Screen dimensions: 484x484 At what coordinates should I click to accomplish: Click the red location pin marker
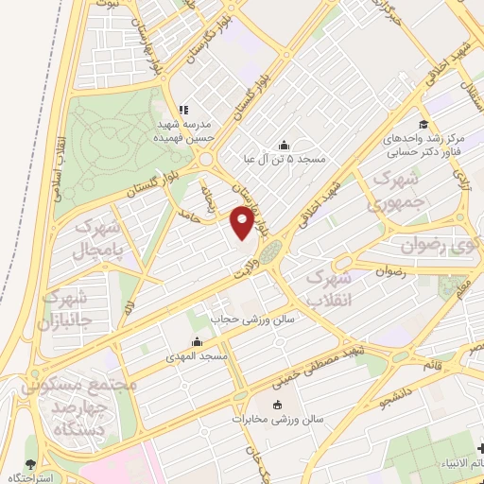(243, 223)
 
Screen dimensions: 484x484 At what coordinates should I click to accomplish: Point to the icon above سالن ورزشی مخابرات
(278, 406)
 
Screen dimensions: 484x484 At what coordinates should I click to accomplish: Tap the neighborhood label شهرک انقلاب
(335, 289)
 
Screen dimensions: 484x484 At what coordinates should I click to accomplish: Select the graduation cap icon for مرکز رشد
(423, 125)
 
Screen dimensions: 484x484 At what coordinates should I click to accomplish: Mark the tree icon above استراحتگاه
(31, 464)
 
